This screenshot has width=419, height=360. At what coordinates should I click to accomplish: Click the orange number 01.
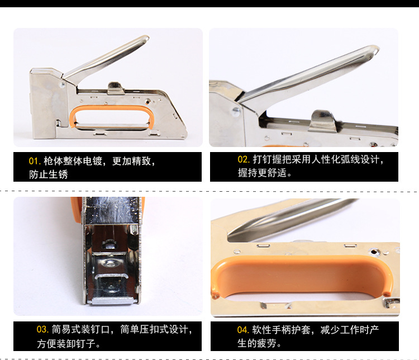tap(35, 161)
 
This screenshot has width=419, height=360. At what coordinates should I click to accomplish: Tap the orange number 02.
tap(244, 160)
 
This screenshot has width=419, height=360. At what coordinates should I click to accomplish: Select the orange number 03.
tap(42, 329)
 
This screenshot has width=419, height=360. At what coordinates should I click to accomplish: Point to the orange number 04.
tap(243, 329)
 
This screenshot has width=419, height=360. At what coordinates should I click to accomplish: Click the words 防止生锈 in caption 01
tap(49, 174)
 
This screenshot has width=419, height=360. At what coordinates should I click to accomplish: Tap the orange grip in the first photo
tap(112, 117)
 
